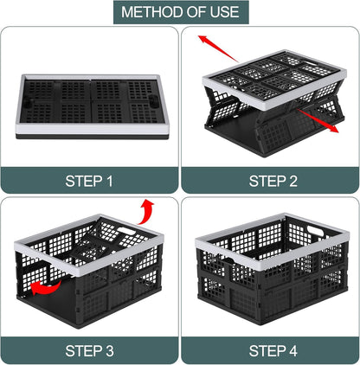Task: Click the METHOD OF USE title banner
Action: tap(180, 12)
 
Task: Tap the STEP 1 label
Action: tap(89, 181)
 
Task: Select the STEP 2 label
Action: tap(270, 181)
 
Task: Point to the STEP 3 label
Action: tap(89, 350)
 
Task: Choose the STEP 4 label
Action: tap(270, 350)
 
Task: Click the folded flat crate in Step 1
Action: tap(90, 104)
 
